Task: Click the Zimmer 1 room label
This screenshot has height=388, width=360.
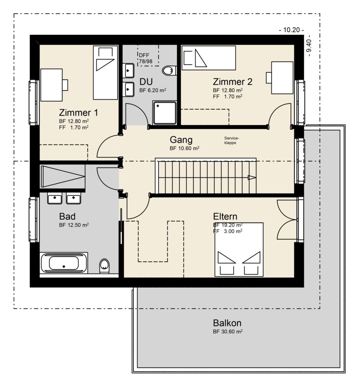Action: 79,113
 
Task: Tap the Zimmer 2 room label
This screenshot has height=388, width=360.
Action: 233,82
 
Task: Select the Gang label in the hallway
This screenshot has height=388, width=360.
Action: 181,140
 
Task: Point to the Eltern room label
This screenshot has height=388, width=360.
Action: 225,216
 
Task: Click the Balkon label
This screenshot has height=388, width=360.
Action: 227,323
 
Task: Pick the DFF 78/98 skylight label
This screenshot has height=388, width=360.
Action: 146,58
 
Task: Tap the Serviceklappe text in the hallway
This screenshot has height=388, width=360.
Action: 232,141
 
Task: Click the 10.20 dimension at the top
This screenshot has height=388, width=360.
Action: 291,30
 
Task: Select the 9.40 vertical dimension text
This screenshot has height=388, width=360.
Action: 309,48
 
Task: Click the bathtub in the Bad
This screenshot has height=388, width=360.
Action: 64,263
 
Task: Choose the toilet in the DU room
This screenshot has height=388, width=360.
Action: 170,70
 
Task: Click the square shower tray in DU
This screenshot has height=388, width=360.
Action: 165,113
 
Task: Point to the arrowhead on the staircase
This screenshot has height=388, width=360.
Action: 252,177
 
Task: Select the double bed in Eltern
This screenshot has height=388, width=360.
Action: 239,249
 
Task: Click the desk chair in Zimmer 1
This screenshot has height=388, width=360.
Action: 65,85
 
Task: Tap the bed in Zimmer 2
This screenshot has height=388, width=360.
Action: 209,58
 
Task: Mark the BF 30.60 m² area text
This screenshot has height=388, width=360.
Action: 228,332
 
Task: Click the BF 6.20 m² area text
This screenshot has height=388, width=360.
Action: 152,90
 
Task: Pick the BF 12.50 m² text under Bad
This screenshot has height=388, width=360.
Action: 74,225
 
